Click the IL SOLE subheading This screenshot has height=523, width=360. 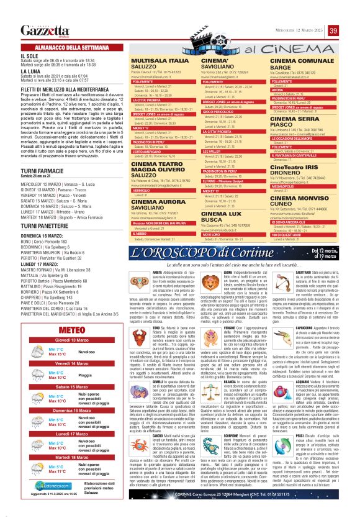click(30, 55)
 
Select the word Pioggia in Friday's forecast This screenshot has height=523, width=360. click(69, 375)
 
